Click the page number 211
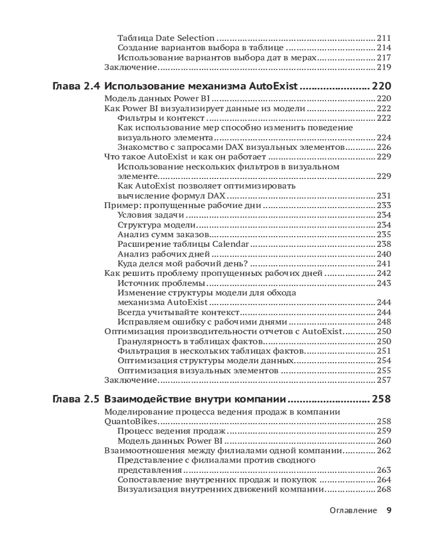pyautogui.click(x=384, y=38)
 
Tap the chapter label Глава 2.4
pyautogui.click(x=76, y=87)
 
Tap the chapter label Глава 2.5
pyautogui.click(x=76, y=399)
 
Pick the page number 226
pyautogui.click(x=384, y=147)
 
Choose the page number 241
pyautogui.click(x=384, y=264)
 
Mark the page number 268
pyautogui.click(x=384, y=489)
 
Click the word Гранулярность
pyautogui.click(x=148, y=341)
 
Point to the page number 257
pyautogui.click(x=384, y=380)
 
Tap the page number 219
pyautogui.click(x=384, y=67)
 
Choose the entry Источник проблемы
pyautogui.click(x=161, y=283)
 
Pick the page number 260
pyautogui.click(x=384, y=441)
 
